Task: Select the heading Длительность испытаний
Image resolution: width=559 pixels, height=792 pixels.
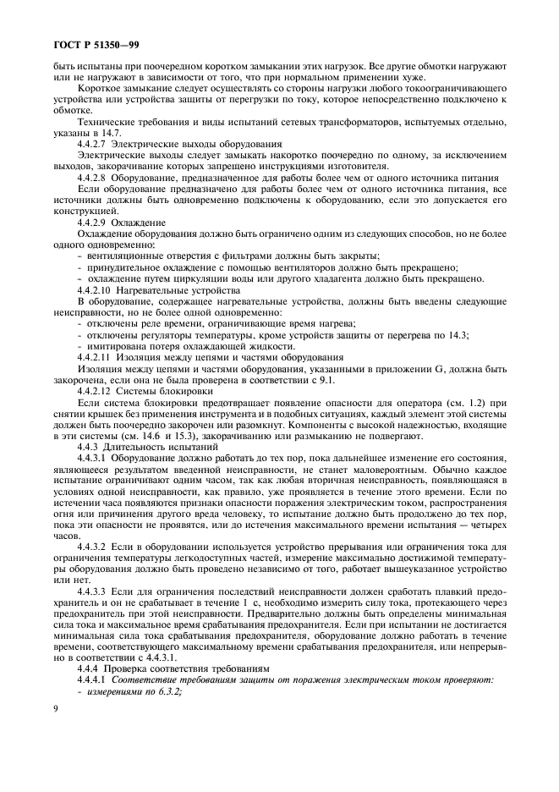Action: coord(151,448)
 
